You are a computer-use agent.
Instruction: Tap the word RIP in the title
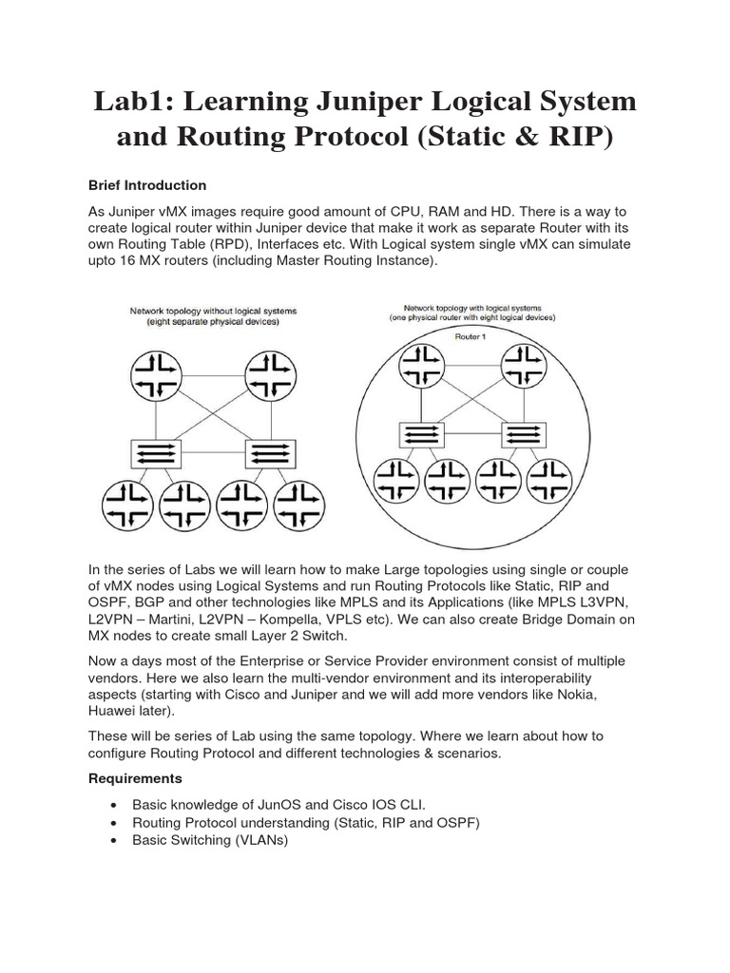click(x=576, y=138)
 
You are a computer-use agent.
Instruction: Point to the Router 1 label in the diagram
click(x=471, y=336)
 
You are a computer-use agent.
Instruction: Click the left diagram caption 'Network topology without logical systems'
click(x=213, y=311)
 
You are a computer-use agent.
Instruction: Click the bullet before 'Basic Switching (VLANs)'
click(x=115, y=841)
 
